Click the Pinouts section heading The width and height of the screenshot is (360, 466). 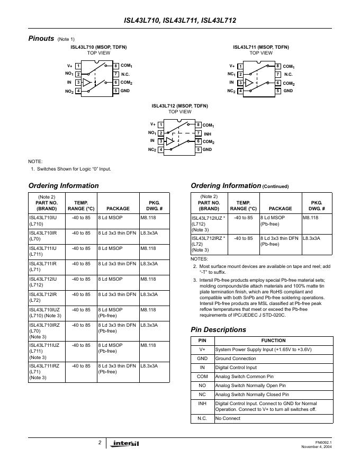(x=41, y=39)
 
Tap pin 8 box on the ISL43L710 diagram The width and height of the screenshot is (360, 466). (x=115, y=66)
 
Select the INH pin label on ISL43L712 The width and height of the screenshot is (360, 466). (x=208, y=133)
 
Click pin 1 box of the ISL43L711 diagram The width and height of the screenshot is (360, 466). (x=240, y=66)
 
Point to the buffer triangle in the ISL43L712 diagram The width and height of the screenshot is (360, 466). (x=170, y=141)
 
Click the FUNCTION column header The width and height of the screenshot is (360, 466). (x=273, y=340)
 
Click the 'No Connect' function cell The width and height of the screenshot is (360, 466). (x=228, y=418)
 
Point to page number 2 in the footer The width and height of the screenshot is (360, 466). (x=100, y=442)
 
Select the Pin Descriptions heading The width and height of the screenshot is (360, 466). (x=218, y=329)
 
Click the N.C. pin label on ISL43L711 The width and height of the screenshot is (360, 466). (x=288, y=74)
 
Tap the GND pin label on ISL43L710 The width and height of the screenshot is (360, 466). (x=125, y=91)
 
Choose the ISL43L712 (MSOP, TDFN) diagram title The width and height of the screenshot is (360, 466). (x=179, y=105)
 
